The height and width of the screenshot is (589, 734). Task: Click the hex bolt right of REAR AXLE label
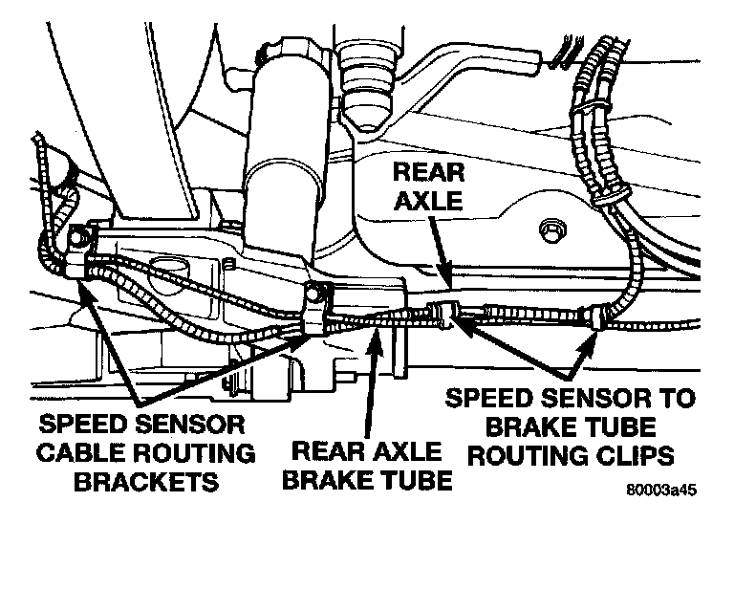click(x=550, y=230)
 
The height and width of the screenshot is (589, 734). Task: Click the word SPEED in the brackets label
click(x=83, y=422)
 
